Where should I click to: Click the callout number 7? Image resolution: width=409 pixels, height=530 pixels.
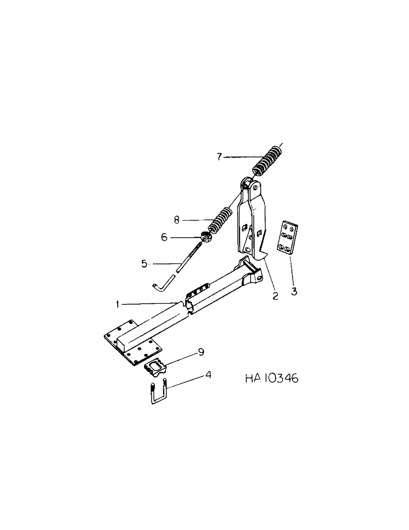(219, 156)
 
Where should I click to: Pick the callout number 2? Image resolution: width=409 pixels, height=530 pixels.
(275, 296)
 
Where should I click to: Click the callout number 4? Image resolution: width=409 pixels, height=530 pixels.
(209, 374)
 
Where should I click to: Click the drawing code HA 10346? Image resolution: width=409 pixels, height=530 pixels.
(272, 379)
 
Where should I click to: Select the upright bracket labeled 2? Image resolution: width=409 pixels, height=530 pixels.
(252, 223)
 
